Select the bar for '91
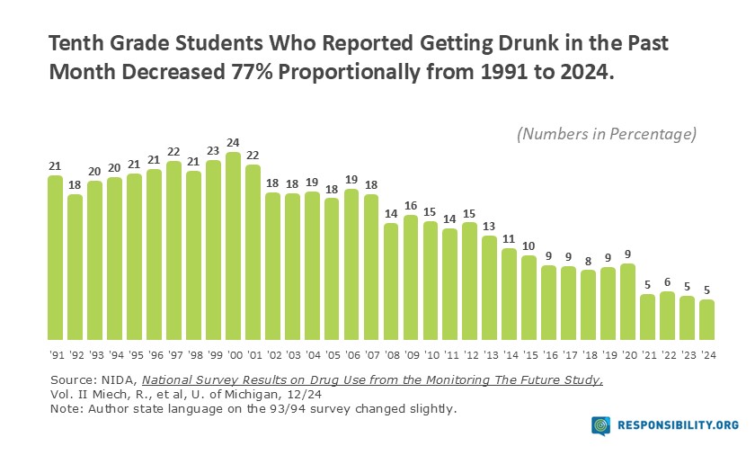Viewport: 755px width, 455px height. [x=56, y=256]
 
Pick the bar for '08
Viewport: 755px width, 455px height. [x=391, y=280]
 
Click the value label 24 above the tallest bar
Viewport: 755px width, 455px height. [x=233, y=142]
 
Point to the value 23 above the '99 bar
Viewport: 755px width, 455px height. [x=213, y=151]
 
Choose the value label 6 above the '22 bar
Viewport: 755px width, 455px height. [x=668, y=281]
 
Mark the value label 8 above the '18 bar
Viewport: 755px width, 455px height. [x=589, y=261]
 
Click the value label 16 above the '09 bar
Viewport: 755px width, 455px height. [x=411, y=205]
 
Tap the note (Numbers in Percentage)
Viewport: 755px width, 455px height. [x=607, y=134]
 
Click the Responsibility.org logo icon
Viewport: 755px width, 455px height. [x=601, y=425]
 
